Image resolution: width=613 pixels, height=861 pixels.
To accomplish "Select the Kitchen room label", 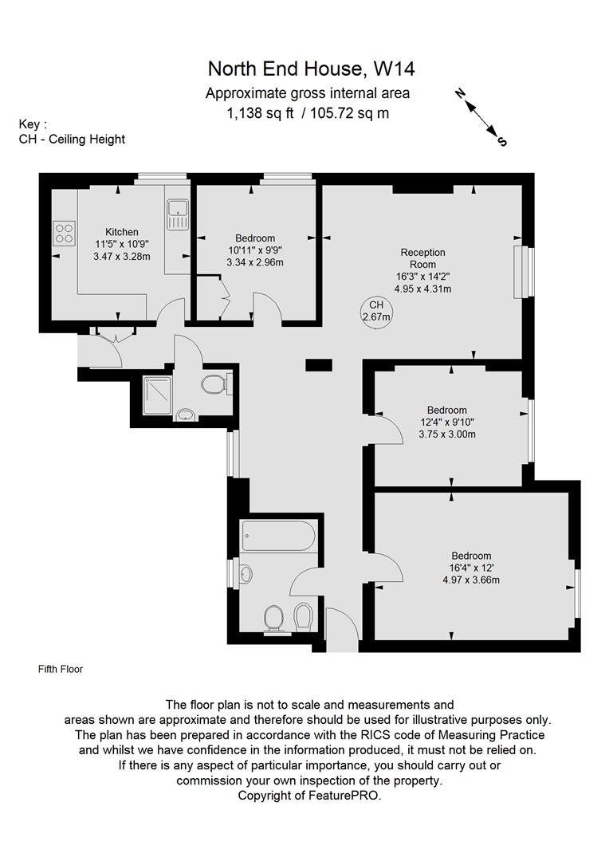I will tap(122, 232).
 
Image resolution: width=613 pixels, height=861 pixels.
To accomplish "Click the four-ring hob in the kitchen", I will tap(64, 232).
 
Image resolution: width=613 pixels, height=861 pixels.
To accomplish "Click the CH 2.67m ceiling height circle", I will tap(376, 311).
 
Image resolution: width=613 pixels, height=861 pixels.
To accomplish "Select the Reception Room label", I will tap(422, 258).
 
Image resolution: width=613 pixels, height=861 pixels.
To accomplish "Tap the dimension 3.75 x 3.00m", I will tap(446, 434).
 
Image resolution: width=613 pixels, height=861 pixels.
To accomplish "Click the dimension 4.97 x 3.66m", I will tap(470, 580).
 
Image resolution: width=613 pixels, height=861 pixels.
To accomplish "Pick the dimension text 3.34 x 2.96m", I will tap(255, 262).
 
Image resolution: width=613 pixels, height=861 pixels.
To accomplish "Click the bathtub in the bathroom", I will tap(277, 536).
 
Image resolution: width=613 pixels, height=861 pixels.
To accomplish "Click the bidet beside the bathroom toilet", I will tap(303, 616).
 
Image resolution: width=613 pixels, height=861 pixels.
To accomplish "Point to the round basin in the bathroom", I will tap(246, 573).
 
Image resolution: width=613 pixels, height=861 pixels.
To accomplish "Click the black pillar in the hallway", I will tap(319, 365).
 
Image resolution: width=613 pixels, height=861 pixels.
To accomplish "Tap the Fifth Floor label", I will tap(61, 669).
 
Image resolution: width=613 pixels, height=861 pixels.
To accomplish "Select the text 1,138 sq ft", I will tap(261, 113).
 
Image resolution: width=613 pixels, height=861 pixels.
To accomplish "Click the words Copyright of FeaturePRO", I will tap(309, 796).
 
